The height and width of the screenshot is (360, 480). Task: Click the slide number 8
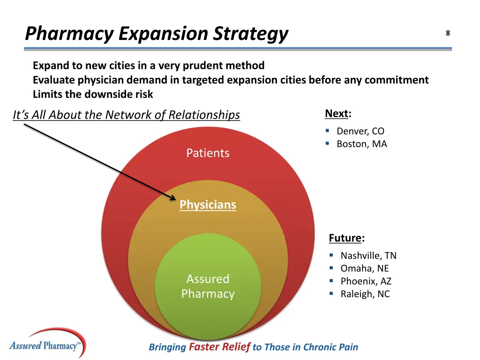[x=448, y=33]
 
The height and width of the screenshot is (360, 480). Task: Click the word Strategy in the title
[x=251, y=34]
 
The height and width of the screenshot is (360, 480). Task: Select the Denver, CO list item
[x=360, y=131]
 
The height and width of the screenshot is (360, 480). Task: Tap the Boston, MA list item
[x=361, y=144]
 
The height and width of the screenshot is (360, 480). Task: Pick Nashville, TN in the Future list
[x=368, y=255]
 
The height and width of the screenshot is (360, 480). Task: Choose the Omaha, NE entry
[x=364, y=269]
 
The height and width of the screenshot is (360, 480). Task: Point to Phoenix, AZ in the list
[x=366, y=281]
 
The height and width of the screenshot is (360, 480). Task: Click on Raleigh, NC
[x=365, y=294]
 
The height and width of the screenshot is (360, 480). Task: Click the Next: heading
[x=337, y=114]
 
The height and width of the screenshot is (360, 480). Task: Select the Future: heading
[x=346, y=238]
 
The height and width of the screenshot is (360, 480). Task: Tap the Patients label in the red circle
[x=208, y=153]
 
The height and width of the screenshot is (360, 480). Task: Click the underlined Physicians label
[x=208, y=205]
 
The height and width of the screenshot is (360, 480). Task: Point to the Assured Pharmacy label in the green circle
[x=208, y=286]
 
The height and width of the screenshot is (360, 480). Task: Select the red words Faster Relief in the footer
[x=219, y=347]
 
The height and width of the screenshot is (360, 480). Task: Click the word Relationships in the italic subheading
[x=204, y=115]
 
